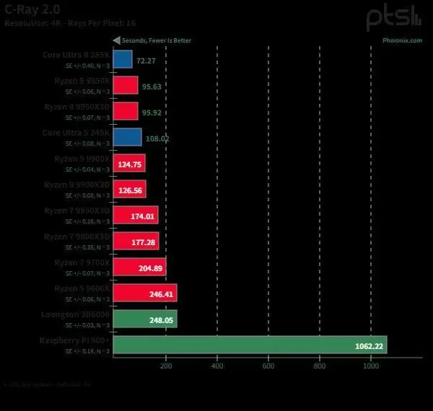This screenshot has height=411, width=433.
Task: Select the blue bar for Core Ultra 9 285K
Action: pos(123,58)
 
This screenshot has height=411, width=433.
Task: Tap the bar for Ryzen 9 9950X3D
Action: pos(126,110)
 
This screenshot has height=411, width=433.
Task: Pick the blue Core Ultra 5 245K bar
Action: pos(127,137)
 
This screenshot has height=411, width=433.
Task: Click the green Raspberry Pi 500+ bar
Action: pos(250,345)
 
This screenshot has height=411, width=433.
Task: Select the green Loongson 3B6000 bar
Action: pos(144,319)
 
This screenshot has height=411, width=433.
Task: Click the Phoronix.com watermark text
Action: pos(402,40)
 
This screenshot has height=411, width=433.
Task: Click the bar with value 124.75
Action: pos(129,163)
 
